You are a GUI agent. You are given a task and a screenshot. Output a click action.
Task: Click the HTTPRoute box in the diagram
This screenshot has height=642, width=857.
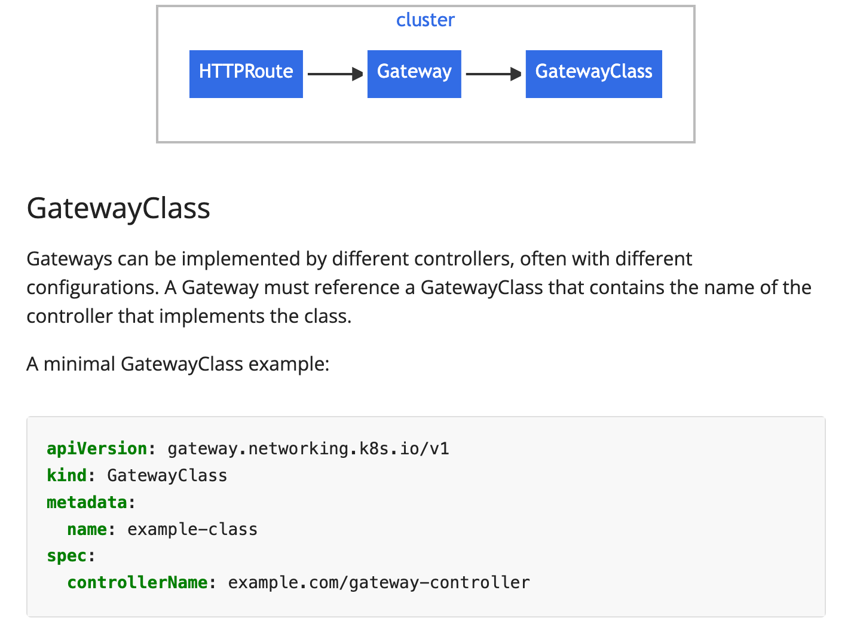coord(246,74)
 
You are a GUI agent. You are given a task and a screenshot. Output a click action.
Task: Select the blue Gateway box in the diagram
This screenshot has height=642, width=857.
coord(414,74)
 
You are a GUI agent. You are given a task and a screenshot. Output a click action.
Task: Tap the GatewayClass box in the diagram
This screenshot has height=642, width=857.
coord(593,74)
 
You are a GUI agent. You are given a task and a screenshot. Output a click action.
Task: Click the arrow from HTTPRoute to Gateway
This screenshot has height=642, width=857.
coord(335,74)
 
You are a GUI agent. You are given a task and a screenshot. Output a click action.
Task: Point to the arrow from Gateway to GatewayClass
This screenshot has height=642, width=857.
coord(493,74)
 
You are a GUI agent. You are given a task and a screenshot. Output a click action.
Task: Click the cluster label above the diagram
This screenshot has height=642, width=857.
coord(425,20)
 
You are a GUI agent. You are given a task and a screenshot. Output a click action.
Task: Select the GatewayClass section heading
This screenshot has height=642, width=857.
coord(118,208)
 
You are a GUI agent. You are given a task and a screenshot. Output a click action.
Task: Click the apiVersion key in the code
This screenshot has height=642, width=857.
coord(97,448)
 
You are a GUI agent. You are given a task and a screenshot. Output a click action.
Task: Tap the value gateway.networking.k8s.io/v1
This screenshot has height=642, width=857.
coord(308,448)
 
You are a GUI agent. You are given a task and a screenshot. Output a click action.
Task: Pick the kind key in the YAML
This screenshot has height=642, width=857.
coord(66,475)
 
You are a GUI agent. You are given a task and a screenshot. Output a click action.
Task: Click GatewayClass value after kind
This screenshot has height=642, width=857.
coord(167,475)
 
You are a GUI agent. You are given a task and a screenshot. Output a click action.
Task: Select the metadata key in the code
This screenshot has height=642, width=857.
coord(87,502)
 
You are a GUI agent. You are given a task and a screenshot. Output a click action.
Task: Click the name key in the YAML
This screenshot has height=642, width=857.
coord(87,529)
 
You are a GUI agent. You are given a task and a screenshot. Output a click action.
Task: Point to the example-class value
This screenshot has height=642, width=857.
coord(192,529)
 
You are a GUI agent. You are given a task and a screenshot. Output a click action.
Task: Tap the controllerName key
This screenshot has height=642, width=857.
coord(137,582)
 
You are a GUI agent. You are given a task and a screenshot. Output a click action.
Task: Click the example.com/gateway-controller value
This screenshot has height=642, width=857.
coord(378,582)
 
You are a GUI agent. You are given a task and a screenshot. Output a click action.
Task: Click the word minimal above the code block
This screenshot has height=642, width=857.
coord(79,363)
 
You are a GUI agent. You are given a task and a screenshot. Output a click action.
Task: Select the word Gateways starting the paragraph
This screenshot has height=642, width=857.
coord(69,259)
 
